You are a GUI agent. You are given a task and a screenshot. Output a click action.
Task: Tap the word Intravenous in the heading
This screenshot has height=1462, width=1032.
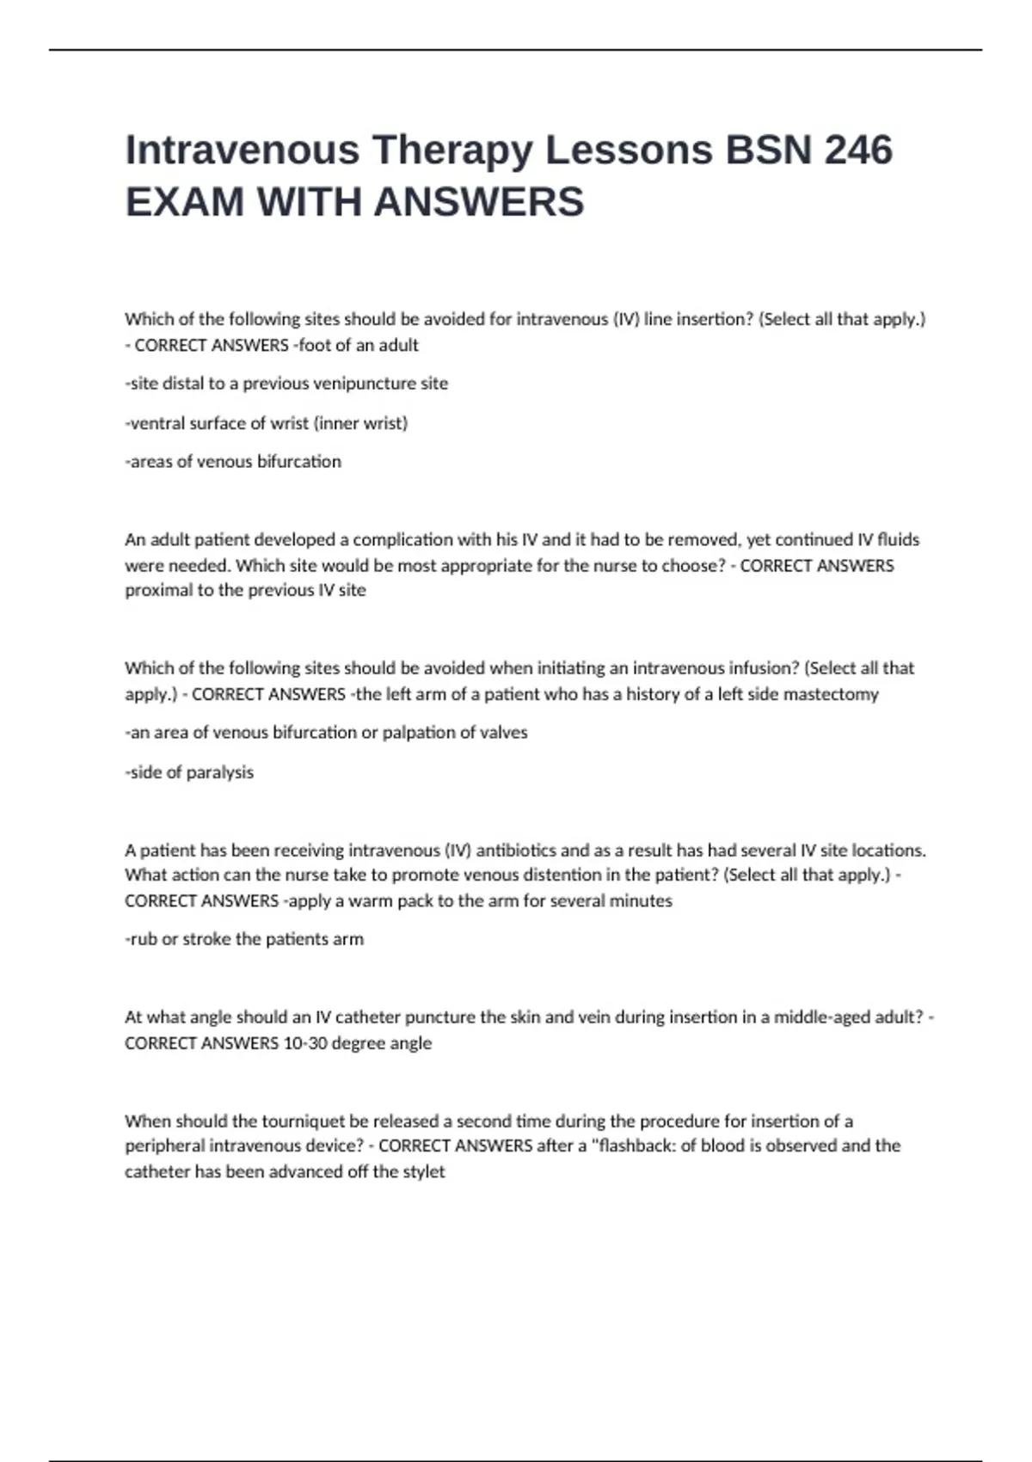243,150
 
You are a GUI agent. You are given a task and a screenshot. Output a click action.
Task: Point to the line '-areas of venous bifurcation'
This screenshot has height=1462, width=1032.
233,462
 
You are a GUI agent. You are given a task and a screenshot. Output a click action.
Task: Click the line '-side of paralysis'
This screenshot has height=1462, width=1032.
189,772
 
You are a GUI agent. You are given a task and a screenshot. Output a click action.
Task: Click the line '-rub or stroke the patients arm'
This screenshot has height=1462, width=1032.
244,939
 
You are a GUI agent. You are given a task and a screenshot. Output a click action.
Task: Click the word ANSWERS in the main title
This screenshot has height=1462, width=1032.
479,202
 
